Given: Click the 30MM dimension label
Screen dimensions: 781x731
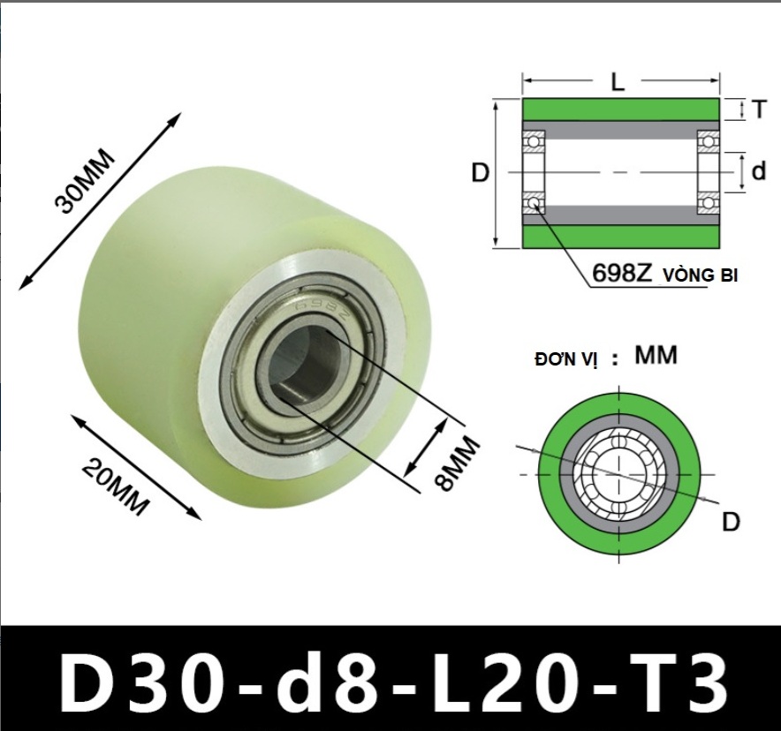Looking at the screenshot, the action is coord(85,181).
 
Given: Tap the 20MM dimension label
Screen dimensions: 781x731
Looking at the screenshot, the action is coord(116,487).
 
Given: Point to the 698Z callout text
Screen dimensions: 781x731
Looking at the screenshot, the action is coord(621,273).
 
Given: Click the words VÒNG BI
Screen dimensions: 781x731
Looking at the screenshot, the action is coord(700,275).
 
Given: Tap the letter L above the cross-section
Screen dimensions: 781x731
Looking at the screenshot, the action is coord(618,81).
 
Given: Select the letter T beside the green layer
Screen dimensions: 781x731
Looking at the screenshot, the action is coord(759,109).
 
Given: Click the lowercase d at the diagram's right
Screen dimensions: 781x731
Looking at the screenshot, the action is coord(758,171).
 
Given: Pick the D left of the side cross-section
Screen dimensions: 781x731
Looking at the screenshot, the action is coord(480,173).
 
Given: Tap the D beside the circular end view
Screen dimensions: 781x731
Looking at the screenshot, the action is coord(731,522).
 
